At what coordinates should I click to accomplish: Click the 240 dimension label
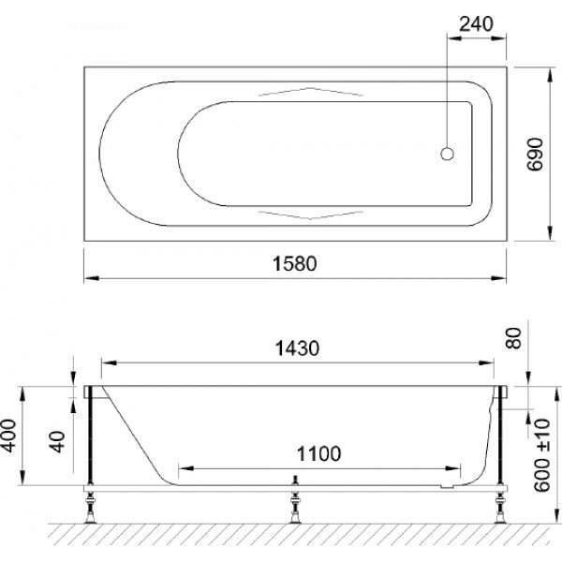[476, 24]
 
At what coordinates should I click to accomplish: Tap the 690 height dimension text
[536, 155]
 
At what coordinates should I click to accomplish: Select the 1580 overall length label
[295, 264]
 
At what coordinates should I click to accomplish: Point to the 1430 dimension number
[297, 348]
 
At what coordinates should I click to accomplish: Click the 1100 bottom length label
[318, 453]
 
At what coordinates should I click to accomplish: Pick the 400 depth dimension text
[8, 436]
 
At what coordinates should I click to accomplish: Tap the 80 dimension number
[513, 338]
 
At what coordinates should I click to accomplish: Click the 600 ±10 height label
[541, 455]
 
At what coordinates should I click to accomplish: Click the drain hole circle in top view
[447, 154]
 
